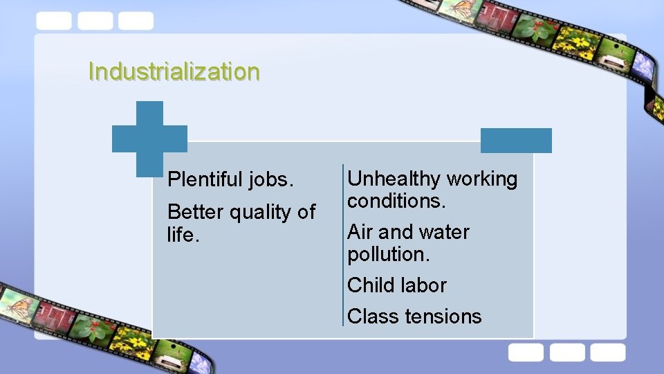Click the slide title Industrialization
coord(174,71)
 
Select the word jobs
coord(273,180)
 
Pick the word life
coord(183,235)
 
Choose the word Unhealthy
coord(394,179)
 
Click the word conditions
coord(396,201)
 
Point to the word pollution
coord(389,254)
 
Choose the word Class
coord(373,317)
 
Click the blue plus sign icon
coord(149,138)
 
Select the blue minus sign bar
coord(516,141)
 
